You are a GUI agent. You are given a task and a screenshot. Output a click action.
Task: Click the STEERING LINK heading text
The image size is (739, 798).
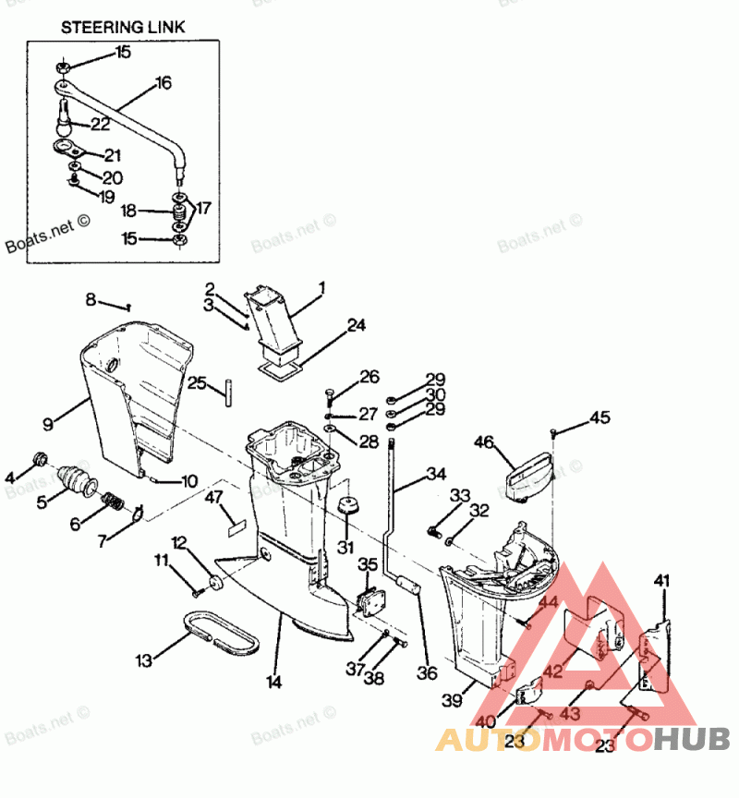point(123,27)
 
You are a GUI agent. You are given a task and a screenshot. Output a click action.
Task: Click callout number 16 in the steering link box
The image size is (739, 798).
point(164,83)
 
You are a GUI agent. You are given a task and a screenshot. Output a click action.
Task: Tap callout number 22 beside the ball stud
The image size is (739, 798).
point(100,125)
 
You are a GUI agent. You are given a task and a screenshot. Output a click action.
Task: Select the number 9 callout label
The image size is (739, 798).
point(47,425)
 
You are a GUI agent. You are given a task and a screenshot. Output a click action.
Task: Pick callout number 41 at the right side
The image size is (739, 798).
point(660,580)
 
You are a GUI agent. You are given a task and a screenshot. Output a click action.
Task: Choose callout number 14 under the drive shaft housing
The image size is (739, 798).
point(273,683)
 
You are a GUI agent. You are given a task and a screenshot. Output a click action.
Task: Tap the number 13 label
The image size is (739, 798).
point(143,661)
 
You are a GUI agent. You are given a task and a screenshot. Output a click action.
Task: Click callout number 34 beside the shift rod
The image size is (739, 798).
point(436,476)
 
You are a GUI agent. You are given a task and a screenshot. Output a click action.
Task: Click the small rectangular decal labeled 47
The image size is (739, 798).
point(234,529)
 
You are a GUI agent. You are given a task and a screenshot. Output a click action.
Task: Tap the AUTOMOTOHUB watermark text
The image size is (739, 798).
point(582,739)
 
